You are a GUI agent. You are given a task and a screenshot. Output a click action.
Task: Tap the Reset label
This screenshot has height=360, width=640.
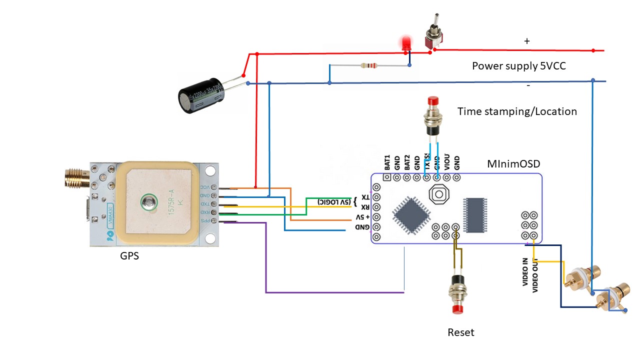(460, 332)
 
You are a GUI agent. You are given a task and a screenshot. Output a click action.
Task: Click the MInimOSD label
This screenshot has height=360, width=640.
(513, 164)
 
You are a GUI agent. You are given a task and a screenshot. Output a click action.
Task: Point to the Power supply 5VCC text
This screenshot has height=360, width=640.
(518, 66)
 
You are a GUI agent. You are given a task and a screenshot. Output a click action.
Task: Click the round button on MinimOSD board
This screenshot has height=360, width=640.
(438, 194)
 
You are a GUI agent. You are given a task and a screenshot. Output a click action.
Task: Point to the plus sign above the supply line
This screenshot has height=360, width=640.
(526, 41)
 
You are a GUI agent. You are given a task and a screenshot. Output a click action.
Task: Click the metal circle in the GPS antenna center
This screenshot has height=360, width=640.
(148, 202)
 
